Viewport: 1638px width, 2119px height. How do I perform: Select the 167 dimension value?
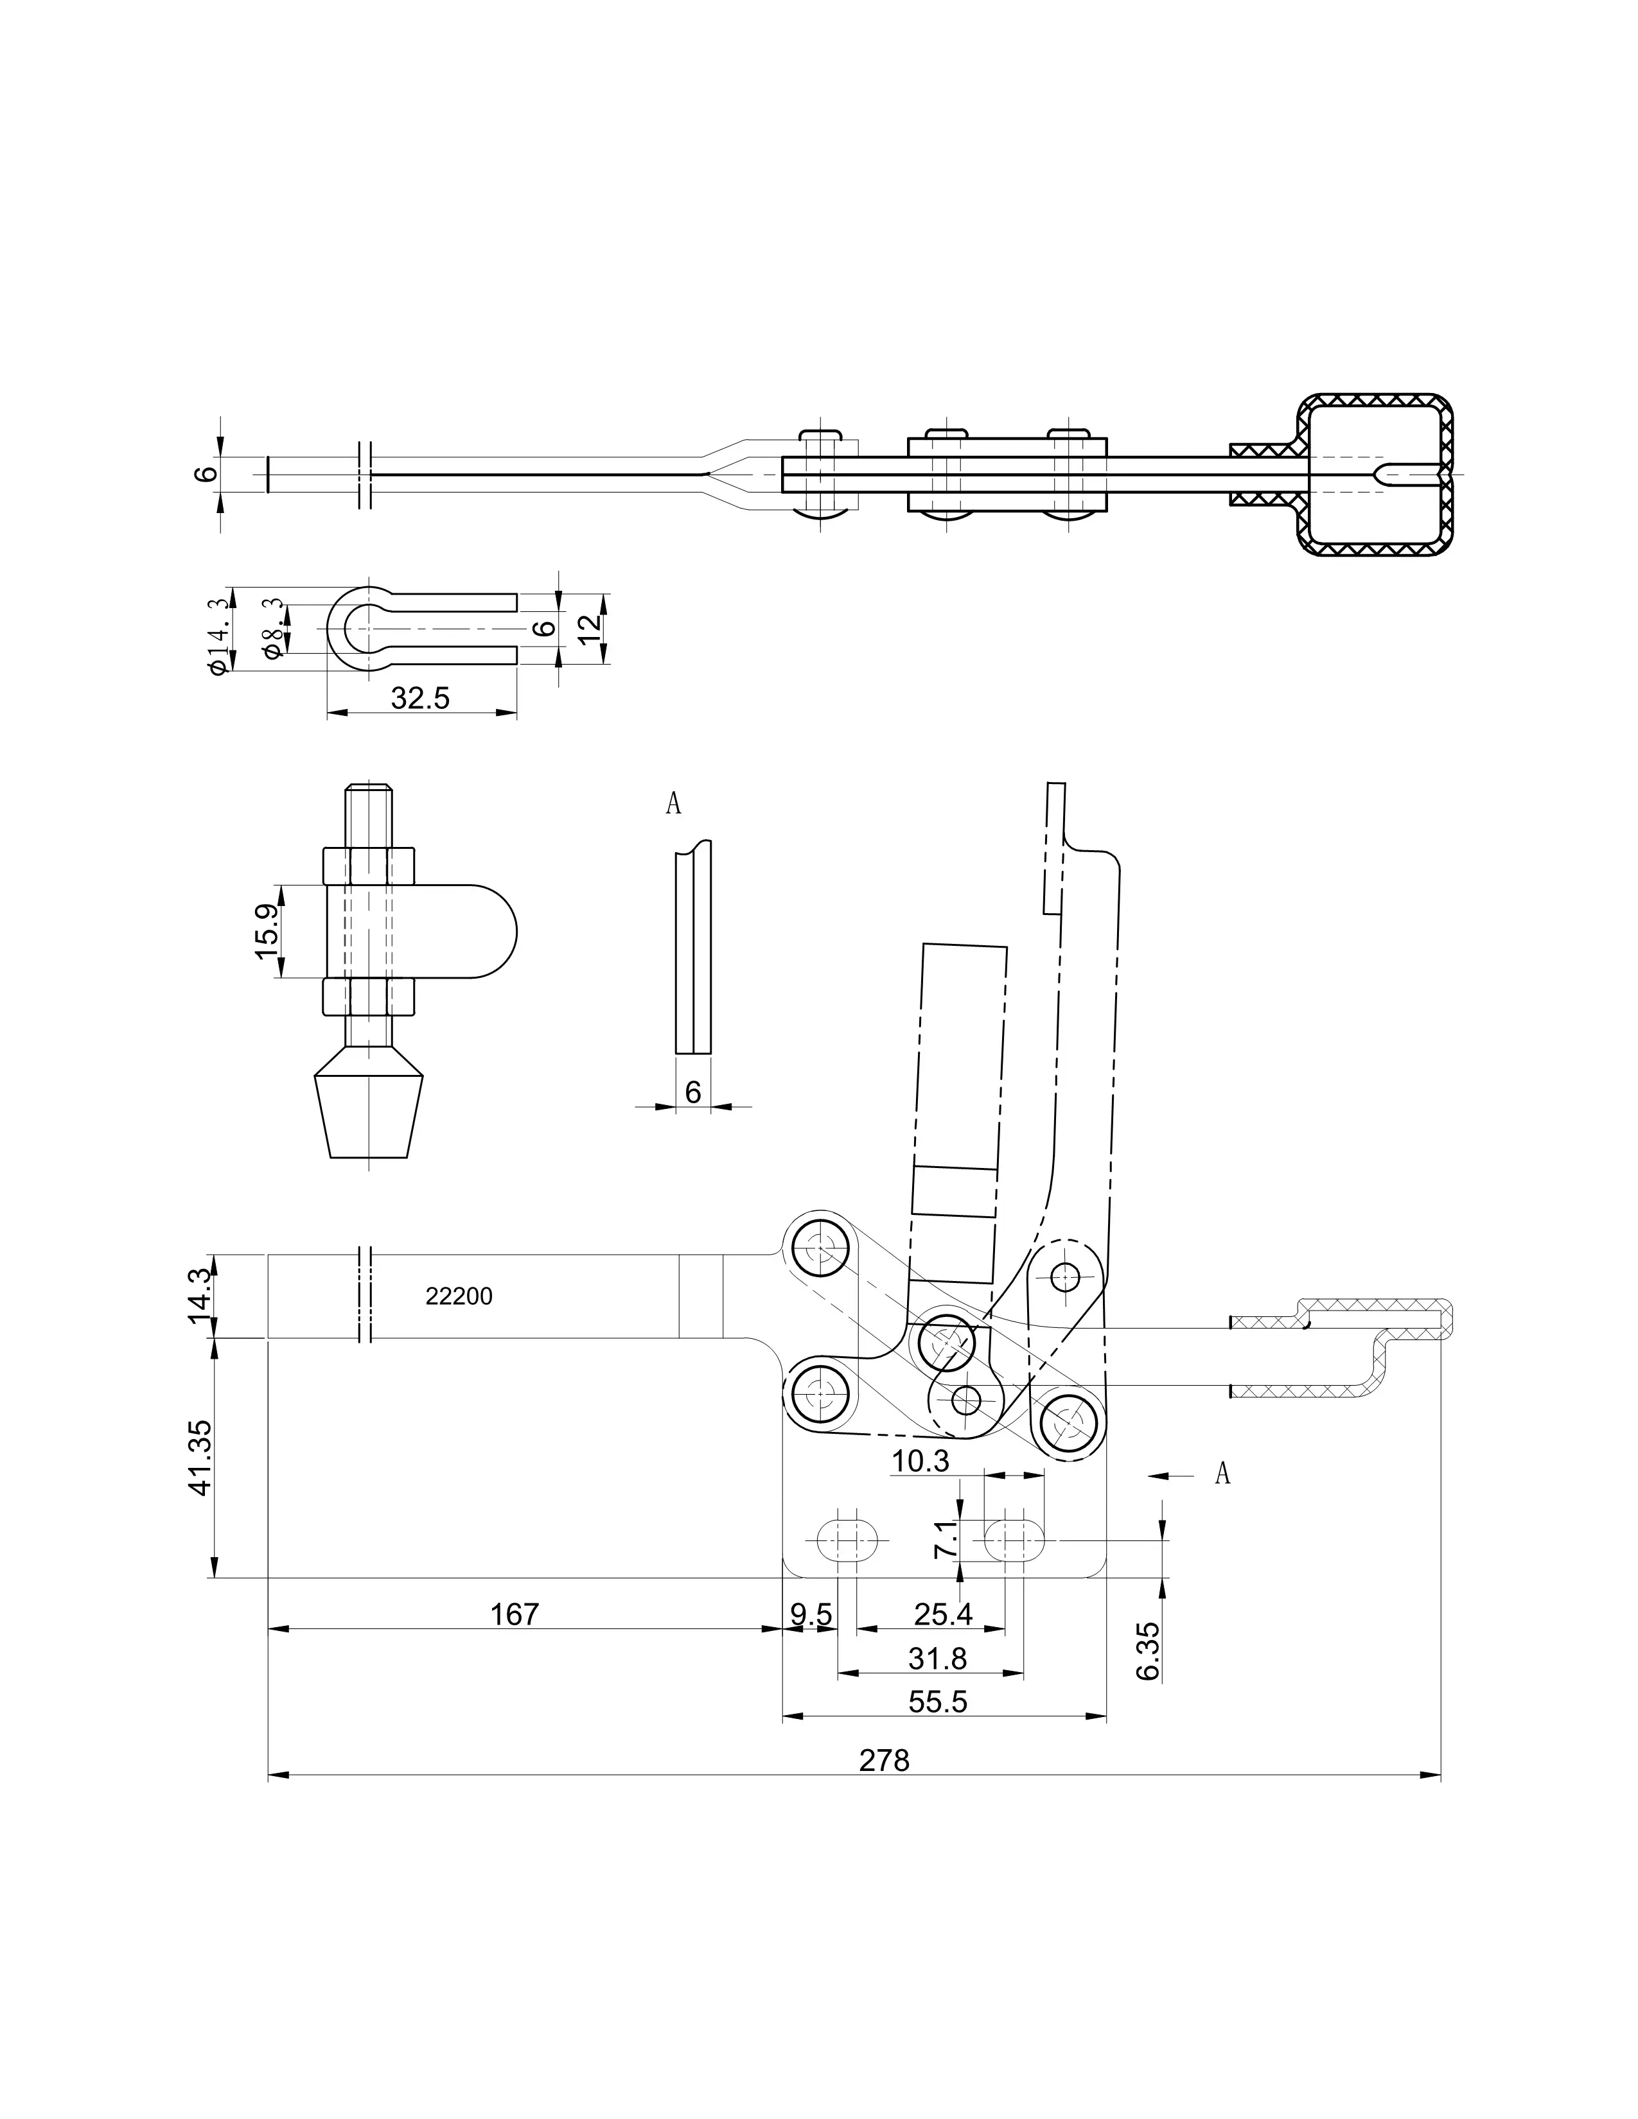[515, 1614]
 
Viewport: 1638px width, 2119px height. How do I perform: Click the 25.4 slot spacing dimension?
[942, 1614]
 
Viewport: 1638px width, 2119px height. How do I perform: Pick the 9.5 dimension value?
[811, 1614]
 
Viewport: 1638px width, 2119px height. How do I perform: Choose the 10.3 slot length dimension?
[920, 1461]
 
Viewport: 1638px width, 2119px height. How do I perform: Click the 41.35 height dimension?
[200, 1458]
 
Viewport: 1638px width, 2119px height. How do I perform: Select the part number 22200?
[459, 1296]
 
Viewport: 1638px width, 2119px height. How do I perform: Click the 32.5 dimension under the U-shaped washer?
[420, 697]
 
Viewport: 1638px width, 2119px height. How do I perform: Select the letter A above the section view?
[673, 803]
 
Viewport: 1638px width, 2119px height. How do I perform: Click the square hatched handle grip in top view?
[1376, 475]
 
